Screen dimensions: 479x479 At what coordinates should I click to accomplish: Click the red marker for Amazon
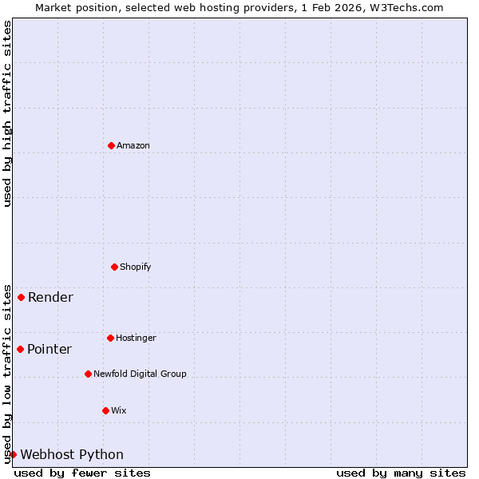[111, 145]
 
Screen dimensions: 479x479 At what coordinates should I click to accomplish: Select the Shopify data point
[114, 267]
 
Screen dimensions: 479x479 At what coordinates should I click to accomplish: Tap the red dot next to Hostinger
[110, 338]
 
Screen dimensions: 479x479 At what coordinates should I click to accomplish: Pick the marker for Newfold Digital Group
[88, 374]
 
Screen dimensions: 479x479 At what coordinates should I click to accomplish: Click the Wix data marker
[105, 410]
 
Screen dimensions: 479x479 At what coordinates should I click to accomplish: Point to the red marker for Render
[21, 297]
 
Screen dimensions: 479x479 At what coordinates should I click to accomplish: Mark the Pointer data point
[20, 349]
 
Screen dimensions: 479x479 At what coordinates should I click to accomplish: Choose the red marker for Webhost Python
[13, 454]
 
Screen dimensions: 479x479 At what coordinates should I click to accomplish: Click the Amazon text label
[133, 145]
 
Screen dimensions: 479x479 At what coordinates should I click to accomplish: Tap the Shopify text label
[136, 267]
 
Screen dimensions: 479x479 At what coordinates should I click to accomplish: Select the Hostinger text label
[136, 338]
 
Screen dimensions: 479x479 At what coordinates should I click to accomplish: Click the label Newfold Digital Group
[140, 374]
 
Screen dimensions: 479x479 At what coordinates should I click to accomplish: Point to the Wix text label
[119, 410]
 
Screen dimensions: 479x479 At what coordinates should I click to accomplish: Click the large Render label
[50, 298]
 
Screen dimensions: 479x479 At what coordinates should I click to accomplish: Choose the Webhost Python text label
[72, 455]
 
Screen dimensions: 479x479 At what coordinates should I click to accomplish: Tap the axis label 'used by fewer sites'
[82, 473]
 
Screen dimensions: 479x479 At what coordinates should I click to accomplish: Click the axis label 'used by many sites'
[401, 473]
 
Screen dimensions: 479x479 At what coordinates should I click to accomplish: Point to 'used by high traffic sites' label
[7, 113]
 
